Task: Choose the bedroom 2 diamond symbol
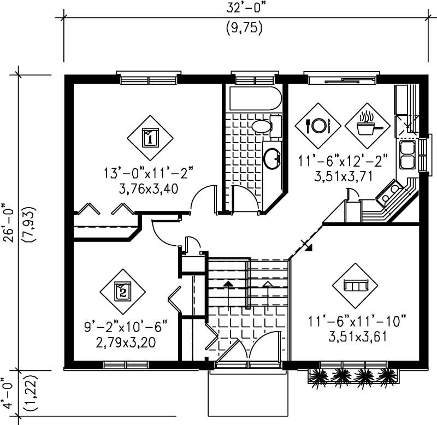pos(123,290)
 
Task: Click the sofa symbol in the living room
pos(356,286)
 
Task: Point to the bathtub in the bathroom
pos(255,98)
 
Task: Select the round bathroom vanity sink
pos(271,159)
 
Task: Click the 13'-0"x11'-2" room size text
pos(149,174)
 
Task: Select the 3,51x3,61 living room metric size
pos(358,336)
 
